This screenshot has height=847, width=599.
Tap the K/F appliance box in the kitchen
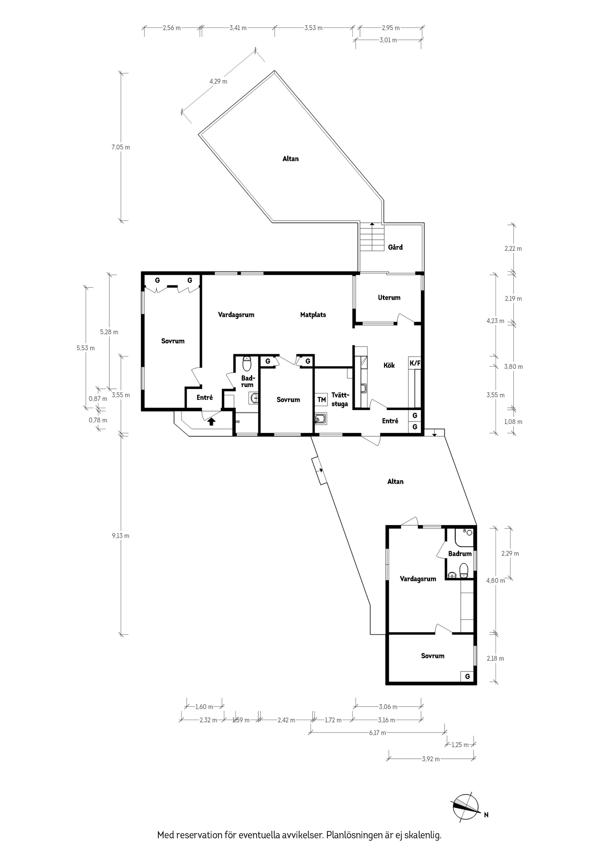click(415, 363)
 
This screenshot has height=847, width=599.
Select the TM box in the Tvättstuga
click(321, 399)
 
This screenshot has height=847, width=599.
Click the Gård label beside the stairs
click(395, 247)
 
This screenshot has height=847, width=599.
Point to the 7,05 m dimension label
click(121, 147)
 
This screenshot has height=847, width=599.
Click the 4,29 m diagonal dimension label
click(218, 81)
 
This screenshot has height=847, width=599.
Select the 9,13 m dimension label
click(121, 536)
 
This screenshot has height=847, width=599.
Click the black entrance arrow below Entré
click(211, 421)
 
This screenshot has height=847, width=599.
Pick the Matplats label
click(313, 315)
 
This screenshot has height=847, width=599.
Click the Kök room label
click(389, 365)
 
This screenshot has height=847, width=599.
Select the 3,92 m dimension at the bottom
click(431, 759)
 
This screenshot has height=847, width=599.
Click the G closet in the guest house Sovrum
click(467, 676)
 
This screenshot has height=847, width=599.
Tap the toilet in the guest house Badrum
click(464, 570)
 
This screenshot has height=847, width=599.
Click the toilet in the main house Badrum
click(246, 363)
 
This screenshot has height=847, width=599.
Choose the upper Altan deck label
click(290, 159)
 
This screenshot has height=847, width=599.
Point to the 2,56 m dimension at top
click(172, 28)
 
